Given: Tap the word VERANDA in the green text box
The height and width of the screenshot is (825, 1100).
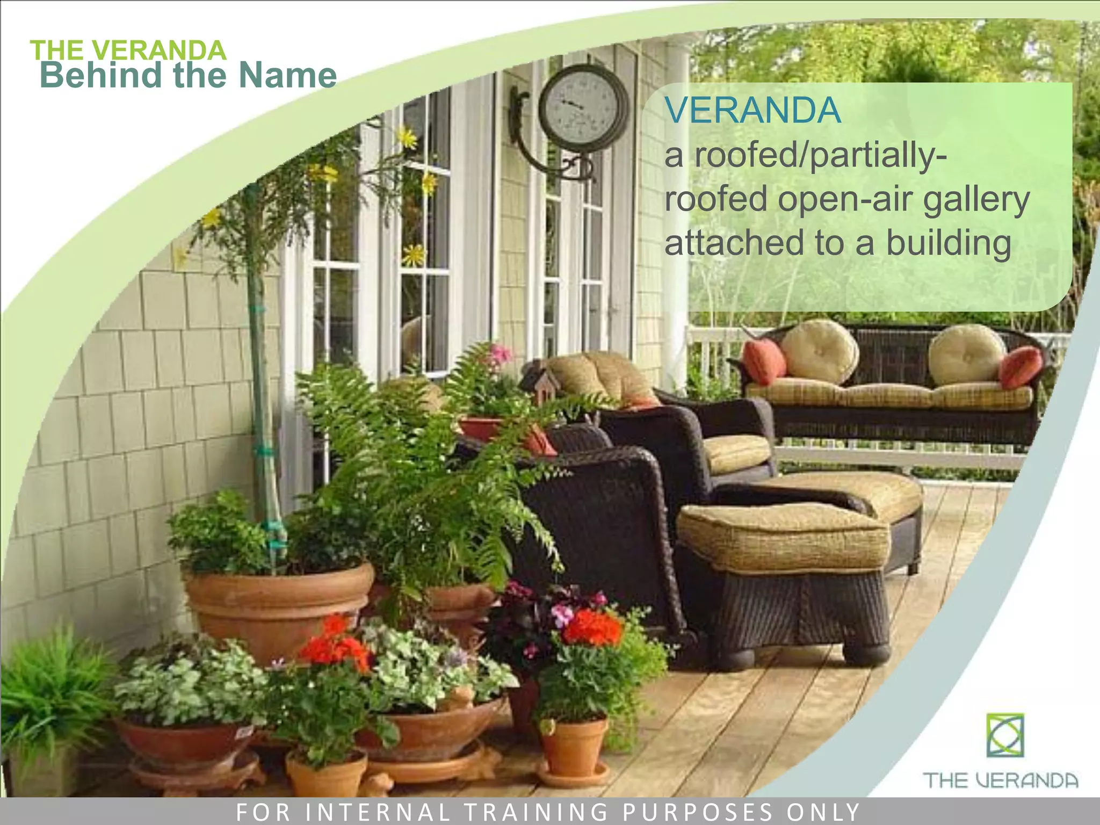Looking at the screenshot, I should click(x=752, y=110).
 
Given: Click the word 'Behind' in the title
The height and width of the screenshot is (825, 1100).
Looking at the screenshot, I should click(x=102, y=75).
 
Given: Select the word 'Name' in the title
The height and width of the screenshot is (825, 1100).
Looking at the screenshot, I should click(x=287, y=75).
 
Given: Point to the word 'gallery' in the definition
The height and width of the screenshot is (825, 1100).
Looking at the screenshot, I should click(x=976, y=200).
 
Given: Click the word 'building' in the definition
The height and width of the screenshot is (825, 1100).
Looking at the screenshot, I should click(x=949, y=243).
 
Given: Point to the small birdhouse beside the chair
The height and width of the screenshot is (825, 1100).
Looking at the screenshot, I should click(x=542, y=384).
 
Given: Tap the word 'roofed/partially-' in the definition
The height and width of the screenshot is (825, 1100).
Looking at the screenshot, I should click(x=806, y=156).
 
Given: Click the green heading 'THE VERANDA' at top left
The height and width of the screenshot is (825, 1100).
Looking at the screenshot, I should click(x=128, y=50).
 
